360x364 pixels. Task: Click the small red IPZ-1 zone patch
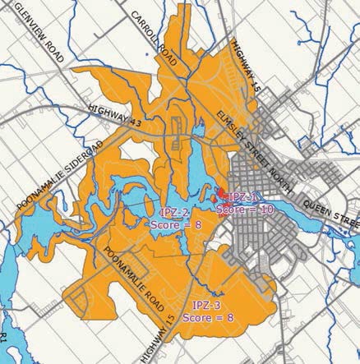216,198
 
